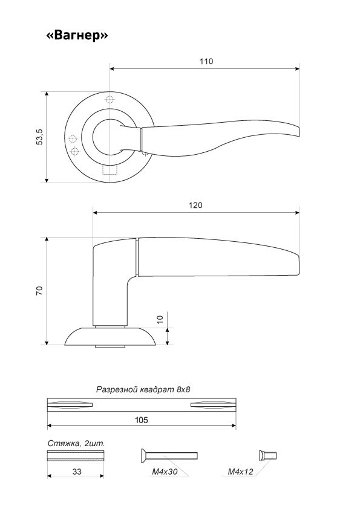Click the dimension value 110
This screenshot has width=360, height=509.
(206, 61)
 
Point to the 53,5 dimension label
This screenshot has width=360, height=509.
(39, 137)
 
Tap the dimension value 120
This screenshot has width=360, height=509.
(195, 205)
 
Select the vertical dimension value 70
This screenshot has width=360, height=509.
(39, 291)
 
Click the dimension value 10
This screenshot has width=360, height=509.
(160, 319)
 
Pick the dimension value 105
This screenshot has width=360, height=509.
(142, 420)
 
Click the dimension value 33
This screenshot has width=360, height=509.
(77, 472)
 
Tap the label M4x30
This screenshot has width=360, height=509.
(165, 472)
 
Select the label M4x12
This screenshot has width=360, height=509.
(240, 472)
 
